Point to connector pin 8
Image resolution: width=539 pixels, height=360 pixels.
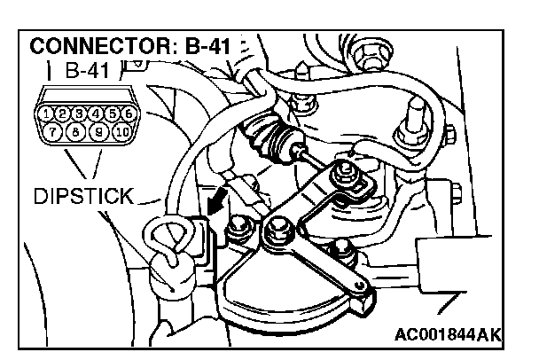(x=74, y=132)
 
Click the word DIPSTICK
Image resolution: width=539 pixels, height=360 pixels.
(x=82, y=196)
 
